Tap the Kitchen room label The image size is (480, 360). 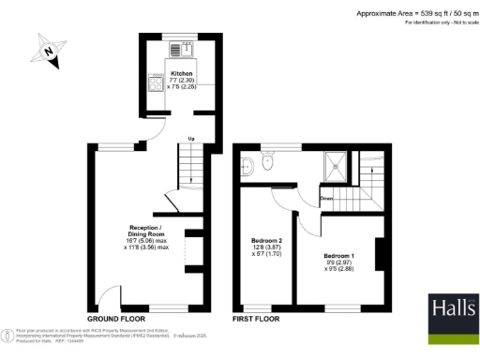181,72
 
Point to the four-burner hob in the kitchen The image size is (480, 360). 156,83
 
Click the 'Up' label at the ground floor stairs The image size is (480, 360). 191,139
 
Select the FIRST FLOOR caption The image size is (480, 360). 256,320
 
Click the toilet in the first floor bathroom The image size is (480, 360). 269,162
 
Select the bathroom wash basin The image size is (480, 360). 246,166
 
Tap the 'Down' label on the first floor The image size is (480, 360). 326,198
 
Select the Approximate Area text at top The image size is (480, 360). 413,13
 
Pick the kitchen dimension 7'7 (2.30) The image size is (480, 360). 181,80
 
